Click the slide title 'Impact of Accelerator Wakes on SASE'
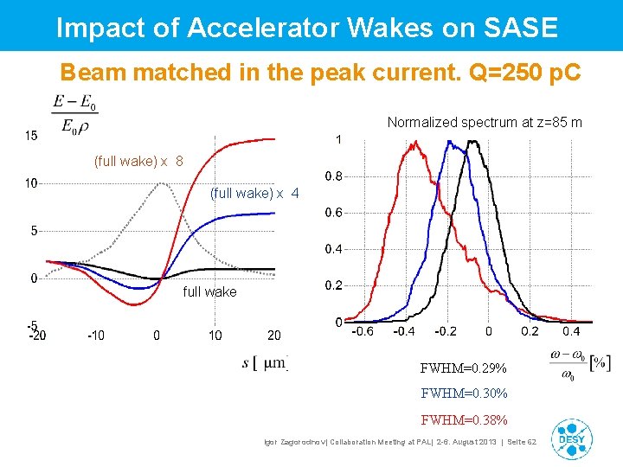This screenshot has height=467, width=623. point(307,27)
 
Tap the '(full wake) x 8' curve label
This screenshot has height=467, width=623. point(138,161)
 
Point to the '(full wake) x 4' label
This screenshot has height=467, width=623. point(254,194)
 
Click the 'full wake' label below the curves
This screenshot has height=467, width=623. point(209,292)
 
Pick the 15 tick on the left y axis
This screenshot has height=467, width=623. point(30,136)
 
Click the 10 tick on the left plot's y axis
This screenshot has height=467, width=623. point(30,183)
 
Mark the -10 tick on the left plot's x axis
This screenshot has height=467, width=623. point(95,336)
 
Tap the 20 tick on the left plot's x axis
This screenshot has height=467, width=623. point(273,336)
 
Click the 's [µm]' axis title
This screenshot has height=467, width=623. point(265,362)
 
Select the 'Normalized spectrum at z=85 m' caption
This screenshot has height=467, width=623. point(485,122)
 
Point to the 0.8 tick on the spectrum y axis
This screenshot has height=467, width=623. point(333,176)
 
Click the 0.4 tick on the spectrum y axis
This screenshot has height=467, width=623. point(333,249)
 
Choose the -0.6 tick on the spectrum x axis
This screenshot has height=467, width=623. point(363,331)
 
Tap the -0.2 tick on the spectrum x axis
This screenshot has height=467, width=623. point(446,331)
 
